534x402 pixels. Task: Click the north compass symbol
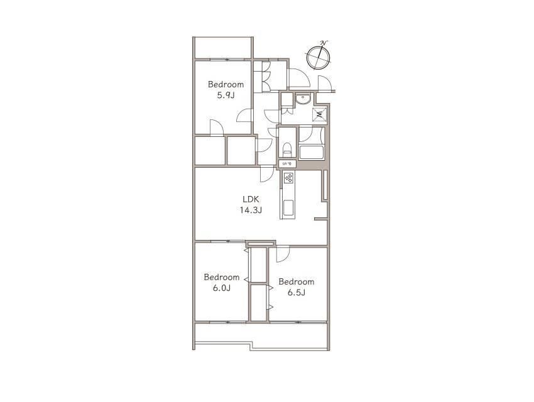point(318,57)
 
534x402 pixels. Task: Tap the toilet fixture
point(288,149)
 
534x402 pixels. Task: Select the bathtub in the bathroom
point(311,152)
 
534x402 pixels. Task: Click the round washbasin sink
point(302,99)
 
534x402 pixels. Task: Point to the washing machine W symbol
point(319,114)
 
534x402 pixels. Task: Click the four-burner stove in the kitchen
point(289,178)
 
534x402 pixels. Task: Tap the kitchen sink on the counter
point(288,209)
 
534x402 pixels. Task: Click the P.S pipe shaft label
point(287,164)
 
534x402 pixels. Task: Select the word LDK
point(251,199)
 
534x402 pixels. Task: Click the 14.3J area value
point(251,210)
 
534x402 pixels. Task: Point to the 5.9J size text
point(226,95)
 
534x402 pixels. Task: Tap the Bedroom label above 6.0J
point(222,277)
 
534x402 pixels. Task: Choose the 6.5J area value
point(297,293)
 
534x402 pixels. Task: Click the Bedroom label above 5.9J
point(226,84)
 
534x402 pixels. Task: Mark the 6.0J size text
point(222,288)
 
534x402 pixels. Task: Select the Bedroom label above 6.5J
point(297,281)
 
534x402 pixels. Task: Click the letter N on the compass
point(324,43)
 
